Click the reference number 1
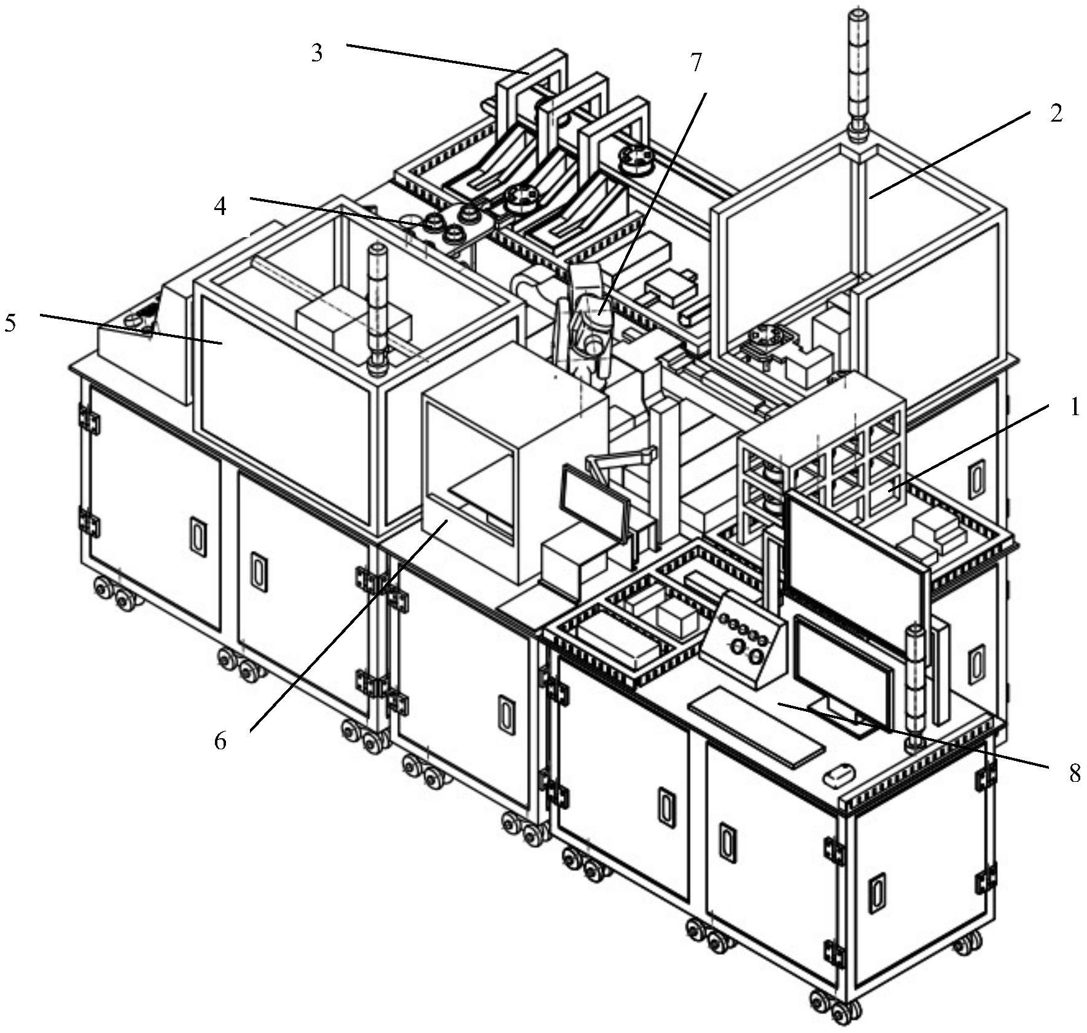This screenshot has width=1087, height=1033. coord(1074,407)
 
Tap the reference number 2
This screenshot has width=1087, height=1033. coord(1056,114)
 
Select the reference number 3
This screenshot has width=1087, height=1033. coord(317,53)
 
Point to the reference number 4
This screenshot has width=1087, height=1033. coord(220,206)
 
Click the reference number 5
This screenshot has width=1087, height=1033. coord(10,322)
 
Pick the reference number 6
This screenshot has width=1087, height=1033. coord(220,741)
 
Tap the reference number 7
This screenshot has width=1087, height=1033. coord(695,63)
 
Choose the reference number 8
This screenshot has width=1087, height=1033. coord(1074,773)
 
